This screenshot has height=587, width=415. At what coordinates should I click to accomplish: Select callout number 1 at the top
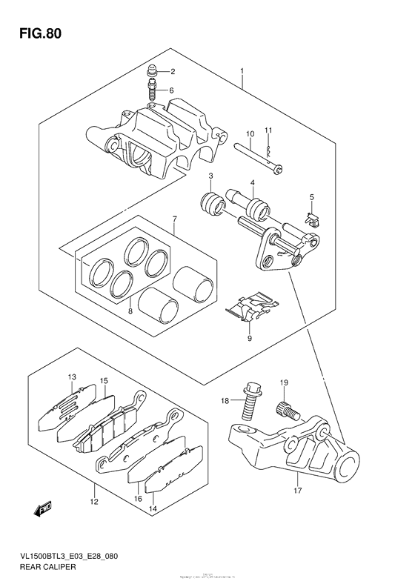click(x=242, y=72)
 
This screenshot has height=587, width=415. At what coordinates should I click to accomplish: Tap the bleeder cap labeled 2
click(x=151, y=72)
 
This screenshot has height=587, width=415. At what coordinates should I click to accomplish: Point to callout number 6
click(x=171, y=91)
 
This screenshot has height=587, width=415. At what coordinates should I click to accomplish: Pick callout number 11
click(x=269, y=131)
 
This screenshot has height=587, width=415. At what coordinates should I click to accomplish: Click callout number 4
click(x=252, y=184)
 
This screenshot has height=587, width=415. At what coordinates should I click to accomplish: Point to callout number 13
click(x=73, y=378)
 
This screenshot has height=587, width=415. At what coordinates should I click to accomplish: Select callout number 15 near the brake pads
click(x=104, y=382)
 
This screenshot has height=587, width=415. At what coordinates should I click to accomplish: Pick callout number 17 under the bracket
click(x=296, y=490)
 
